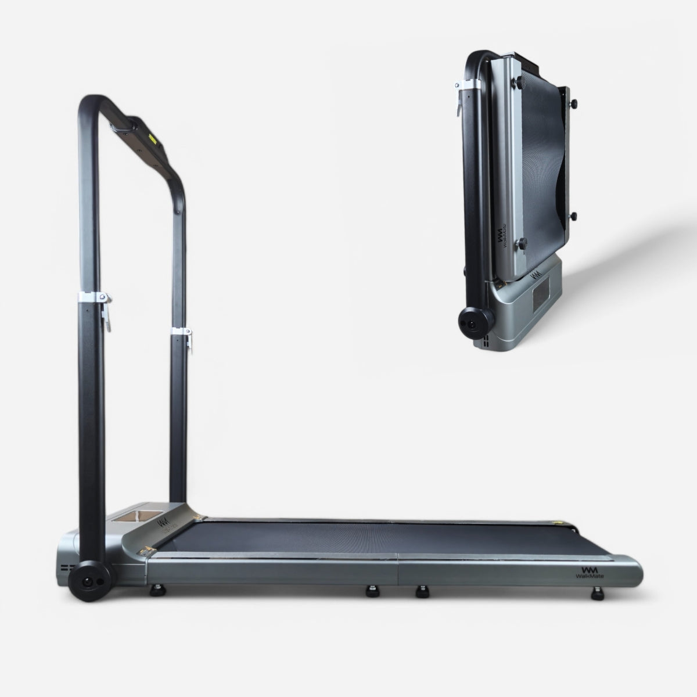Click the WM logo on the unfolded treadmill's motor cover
coord(162,519)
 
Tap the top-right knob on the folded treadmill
coord(574,103)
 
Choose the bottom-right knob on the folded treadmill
coord(573,216)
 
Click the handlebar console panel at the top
coord(145,139)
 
